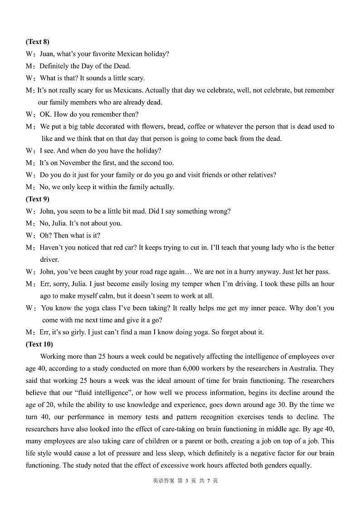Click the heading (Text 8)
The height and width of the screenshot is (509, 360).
38,42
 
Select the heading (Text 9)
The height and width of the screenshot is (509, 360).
38,199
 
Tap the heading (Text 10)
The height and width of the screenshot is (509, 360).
39,344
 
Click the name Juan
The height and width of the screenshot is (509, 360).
47,54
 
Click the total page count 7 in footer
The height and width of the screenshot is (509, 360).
208,481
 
